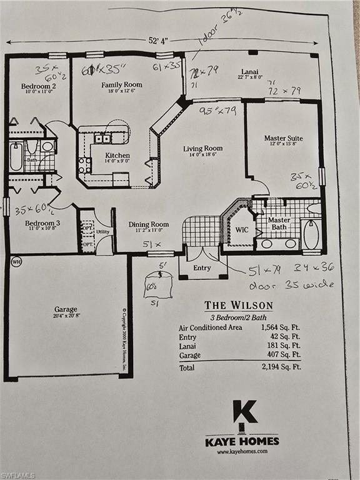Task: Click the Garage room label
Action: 66,309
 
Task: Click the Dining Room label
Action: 149,224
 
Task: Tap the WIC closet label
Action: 242,229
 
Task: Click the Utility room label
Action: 103,231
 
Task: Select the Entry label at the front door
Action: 202,267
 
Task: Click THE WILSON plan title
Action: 239,306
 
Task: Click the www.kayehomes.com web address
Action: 242,451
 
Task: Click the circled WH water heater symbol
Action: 16,261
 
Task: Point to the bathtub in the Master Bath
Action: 311,234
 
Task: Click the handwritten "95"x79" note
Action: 218,111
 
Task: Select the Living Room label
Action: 202,149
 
